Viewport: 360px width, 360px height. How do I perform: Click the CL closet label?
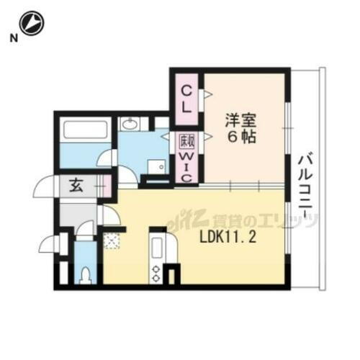click(186, 99)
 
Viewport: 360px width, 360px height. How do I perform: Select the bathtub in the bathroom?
click(84, 131)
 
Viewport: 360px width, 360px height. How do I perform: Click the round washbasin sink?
click(130, 125)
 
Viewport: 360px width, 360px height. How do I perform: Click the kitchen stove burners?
click(156, 272)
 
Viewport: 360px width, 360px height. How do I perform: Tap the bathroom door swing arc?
click(107, 157)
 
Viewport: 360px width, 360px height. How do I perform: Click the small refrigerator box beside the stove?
click(173, 274)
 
